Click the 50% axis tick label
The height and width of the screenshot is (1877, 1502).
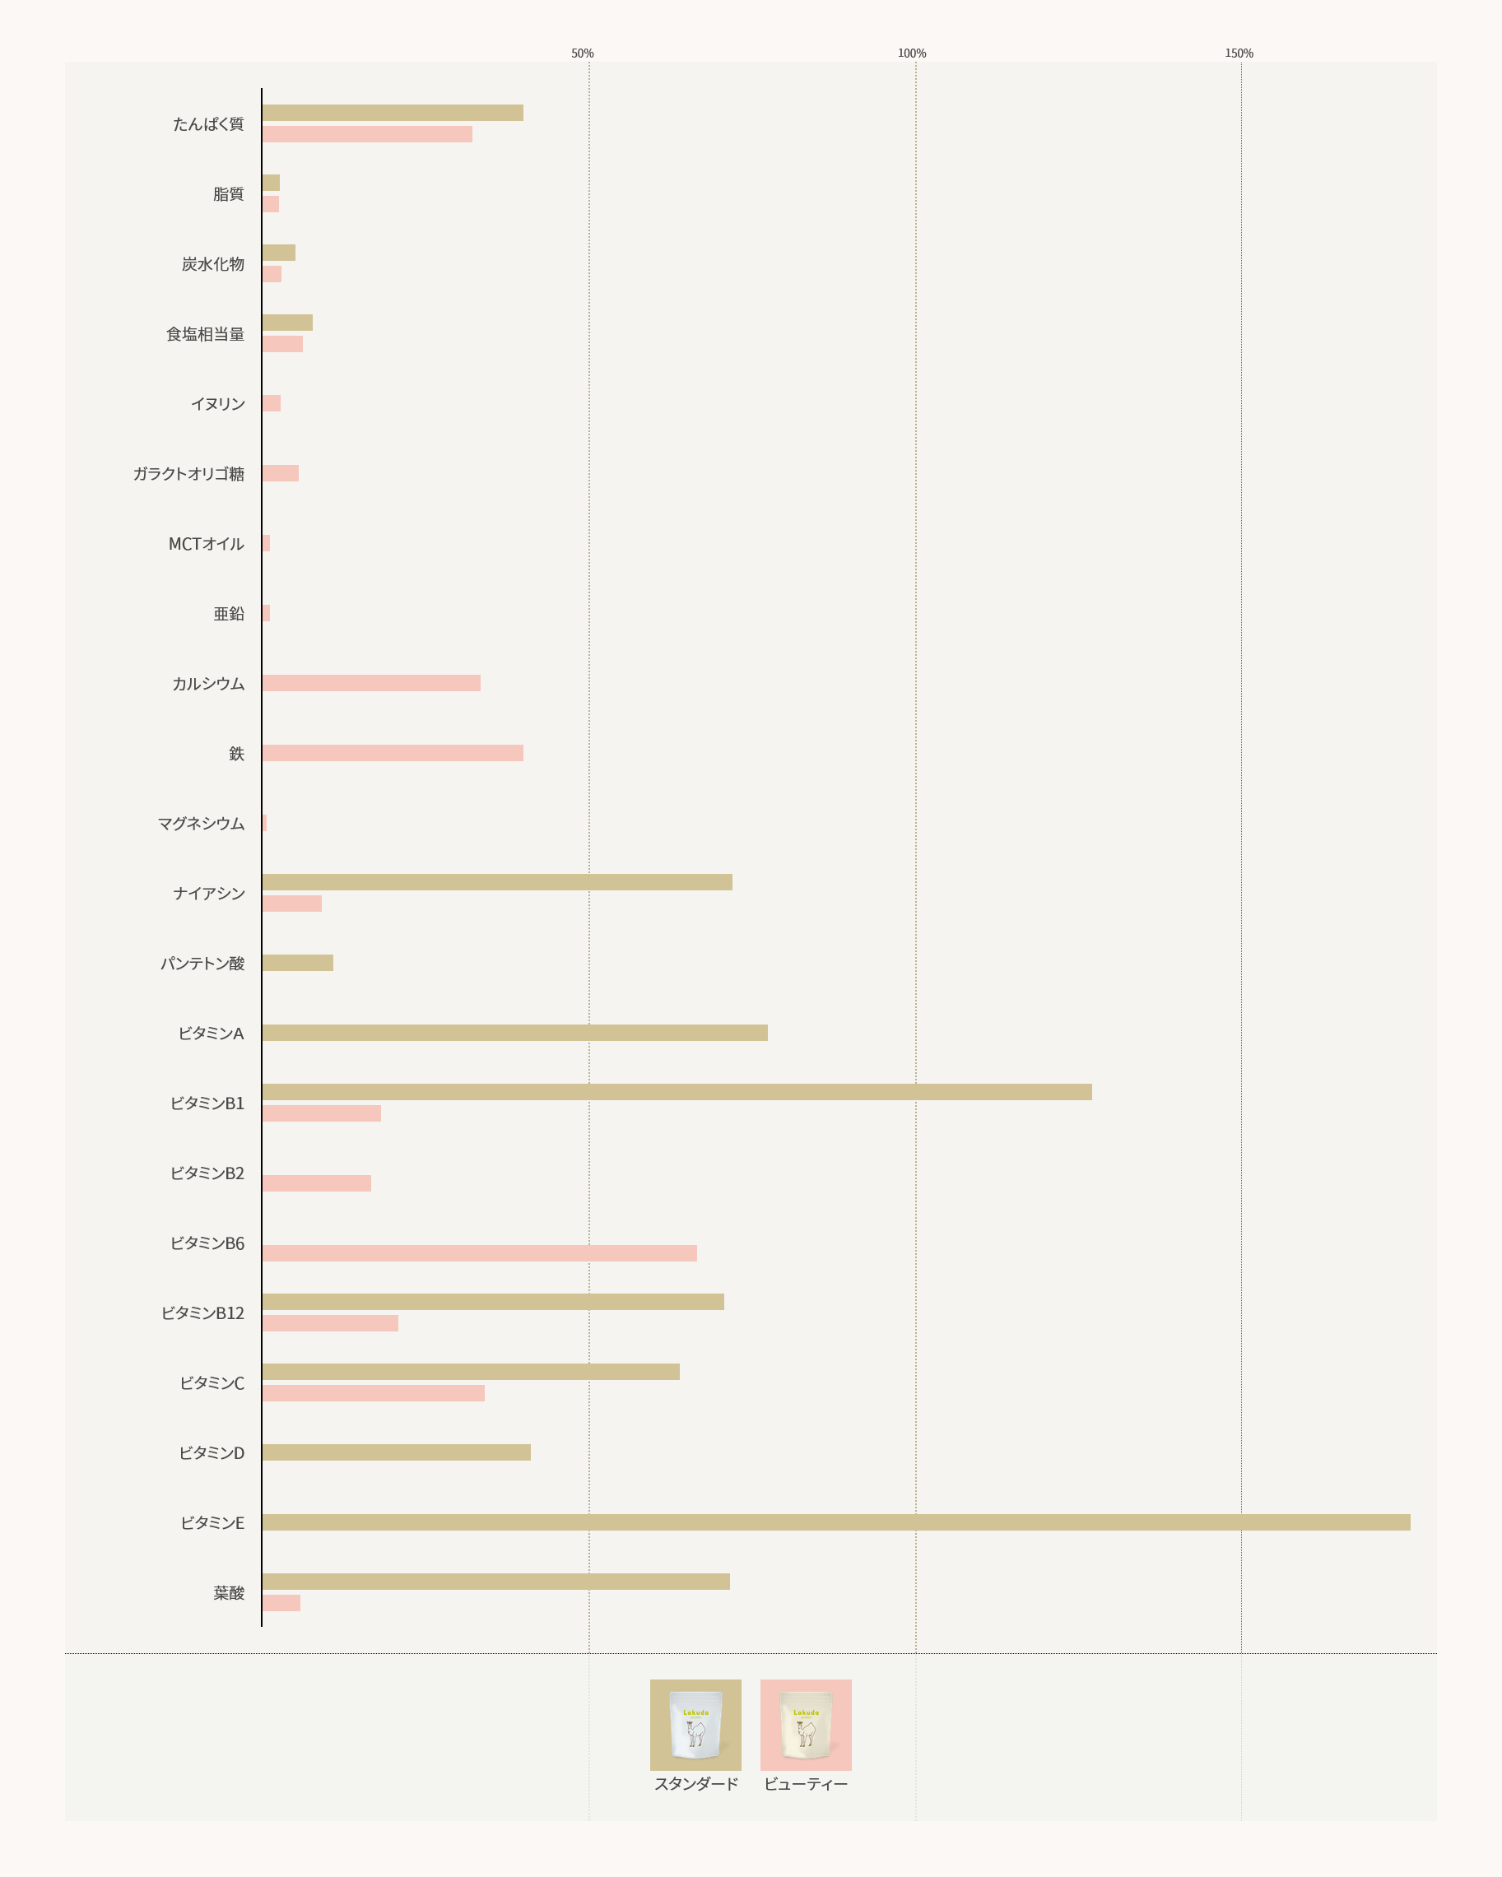pyautogui.click(x=583, y=53)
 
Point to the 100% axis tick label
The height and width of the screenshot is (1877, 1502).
pyautogui.click(x=912, y=53)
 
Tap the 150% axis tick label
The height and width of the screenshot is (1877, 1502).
pyautogui.click(x=1239, y=53)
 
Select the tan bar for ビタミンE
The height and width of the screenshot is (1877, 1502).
pyautogui.click(x=836, y=1522)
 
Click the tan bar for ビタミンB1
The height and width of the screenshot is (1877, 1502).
pyautogui.click(x=677, y=1092)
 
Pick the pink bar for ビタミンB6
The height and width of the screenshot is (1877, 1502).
pyautogui.click(x=479, y=1252)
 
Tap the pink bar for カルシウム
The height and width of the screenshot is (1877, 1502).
pyautogui.click(x=371, y=682)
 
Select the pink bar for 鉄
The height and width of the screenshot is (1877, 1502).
pyautogui.click(x=392, y=753)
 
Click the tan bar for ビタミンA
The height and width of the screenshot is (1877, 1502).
pyautogui.click(x=514, y=1033)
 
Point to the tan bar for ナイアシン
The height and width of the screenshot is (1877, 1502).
pyautogui.click(x=496, y=882)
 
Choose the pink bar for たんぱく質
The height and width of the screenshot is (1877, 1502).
pyautogui.click(x=366, y=134)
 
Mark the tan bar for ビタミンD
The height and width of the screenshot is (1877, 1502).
pyautogui.click(x=396, y=1452)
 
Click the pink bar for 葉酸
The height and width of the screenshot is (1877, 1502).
pyautogui.click(x=281, y=1603)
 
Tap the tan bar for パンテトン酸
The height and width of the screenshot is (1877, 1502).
pyautogui.click(x=297, y=962)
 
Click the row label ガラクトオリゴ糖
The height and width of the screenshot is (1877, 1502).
pyautogui.click(x=188, y=474)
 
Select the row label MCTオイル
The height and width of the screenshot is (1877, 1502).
pyautogui.click(x=206, y=544)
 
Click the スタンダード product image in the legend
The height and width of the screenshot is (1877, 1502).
pyautogui.click(x=695, y=1725)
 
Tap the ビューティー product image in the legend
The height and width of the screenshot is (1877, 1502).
pyautogui.click(x=806, y=1725)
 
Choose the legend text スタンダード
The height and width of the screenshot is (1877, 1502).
pyautogui.click(x=695, y=1784)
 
